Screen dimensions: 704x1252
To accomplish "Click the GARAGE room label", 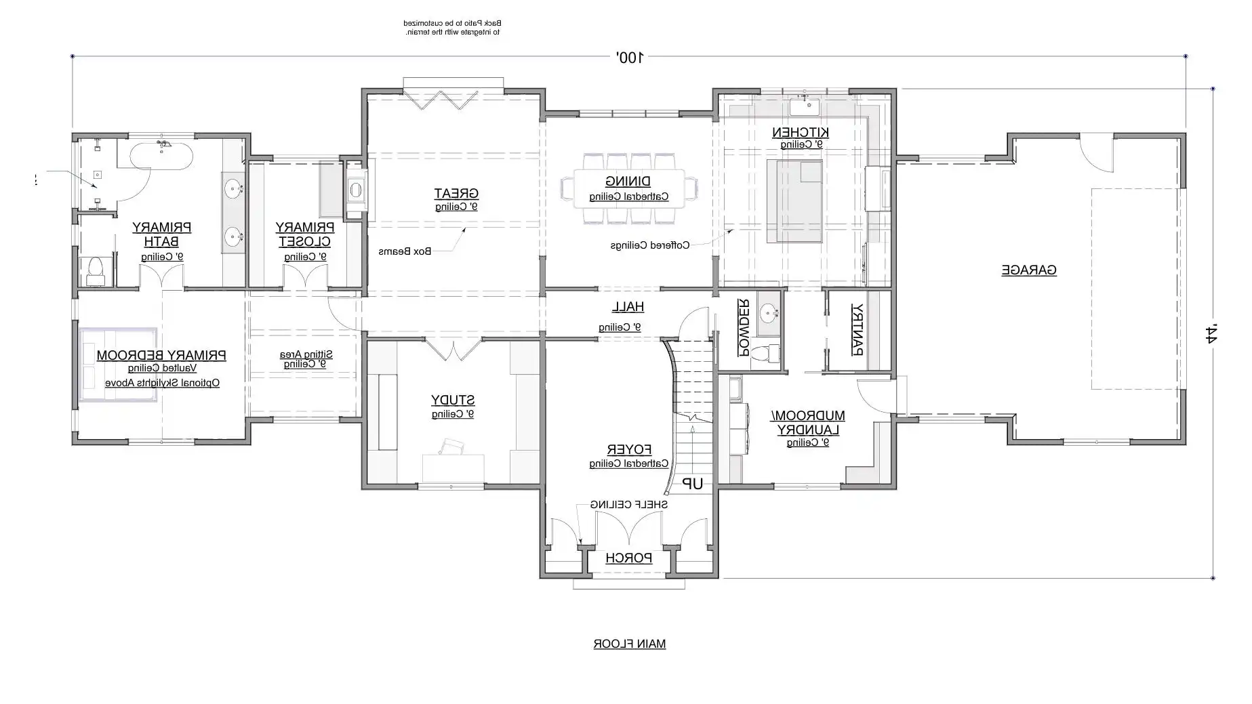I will (1028, 270).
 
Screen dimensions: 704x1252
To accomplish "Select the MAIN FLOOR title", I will (629, 644).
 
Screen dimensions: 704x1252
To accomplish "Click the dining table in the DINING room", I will (628, 189).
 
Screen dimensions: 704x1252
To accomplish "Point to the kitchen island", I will (794, 201).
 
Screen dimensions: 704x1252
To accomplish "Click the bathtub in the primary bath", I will (161, 155).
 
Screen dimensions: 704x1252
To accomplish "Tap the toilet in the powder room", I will (767, 354).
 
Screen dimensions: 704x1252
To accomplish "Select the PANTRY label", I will (857, 329).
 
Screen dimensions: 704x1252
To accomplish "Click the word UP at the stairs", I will (692, 484).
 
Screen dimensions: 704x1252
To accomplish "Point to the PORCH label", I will (628, 558).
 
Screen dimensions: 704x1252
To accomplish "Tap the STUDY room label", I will (453, 400).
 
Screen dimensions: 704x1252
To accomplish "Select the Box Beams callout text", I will (405, 251).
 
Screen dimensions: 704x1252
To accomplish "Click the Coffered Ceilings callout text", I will (649, 245).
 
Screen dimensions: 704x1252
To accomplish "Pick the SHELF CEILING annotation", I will (628, 505).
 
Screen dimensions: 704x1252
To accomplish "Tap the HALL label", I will (628, 307).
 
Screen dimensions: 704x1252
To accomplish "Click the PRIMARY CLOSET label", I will (304, 234).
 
